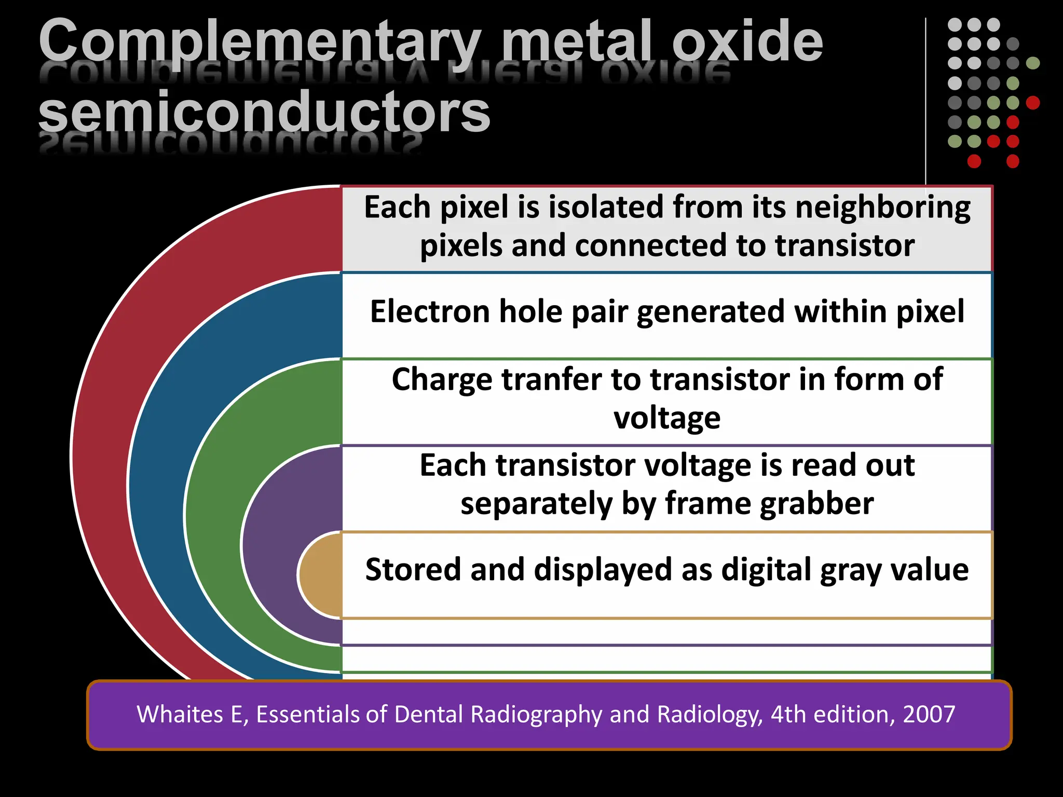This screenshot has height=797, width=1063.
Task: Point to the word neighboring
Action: pos(882,208)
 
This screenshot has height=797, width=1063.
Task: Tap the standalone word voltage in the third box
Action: pos(667,418)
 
